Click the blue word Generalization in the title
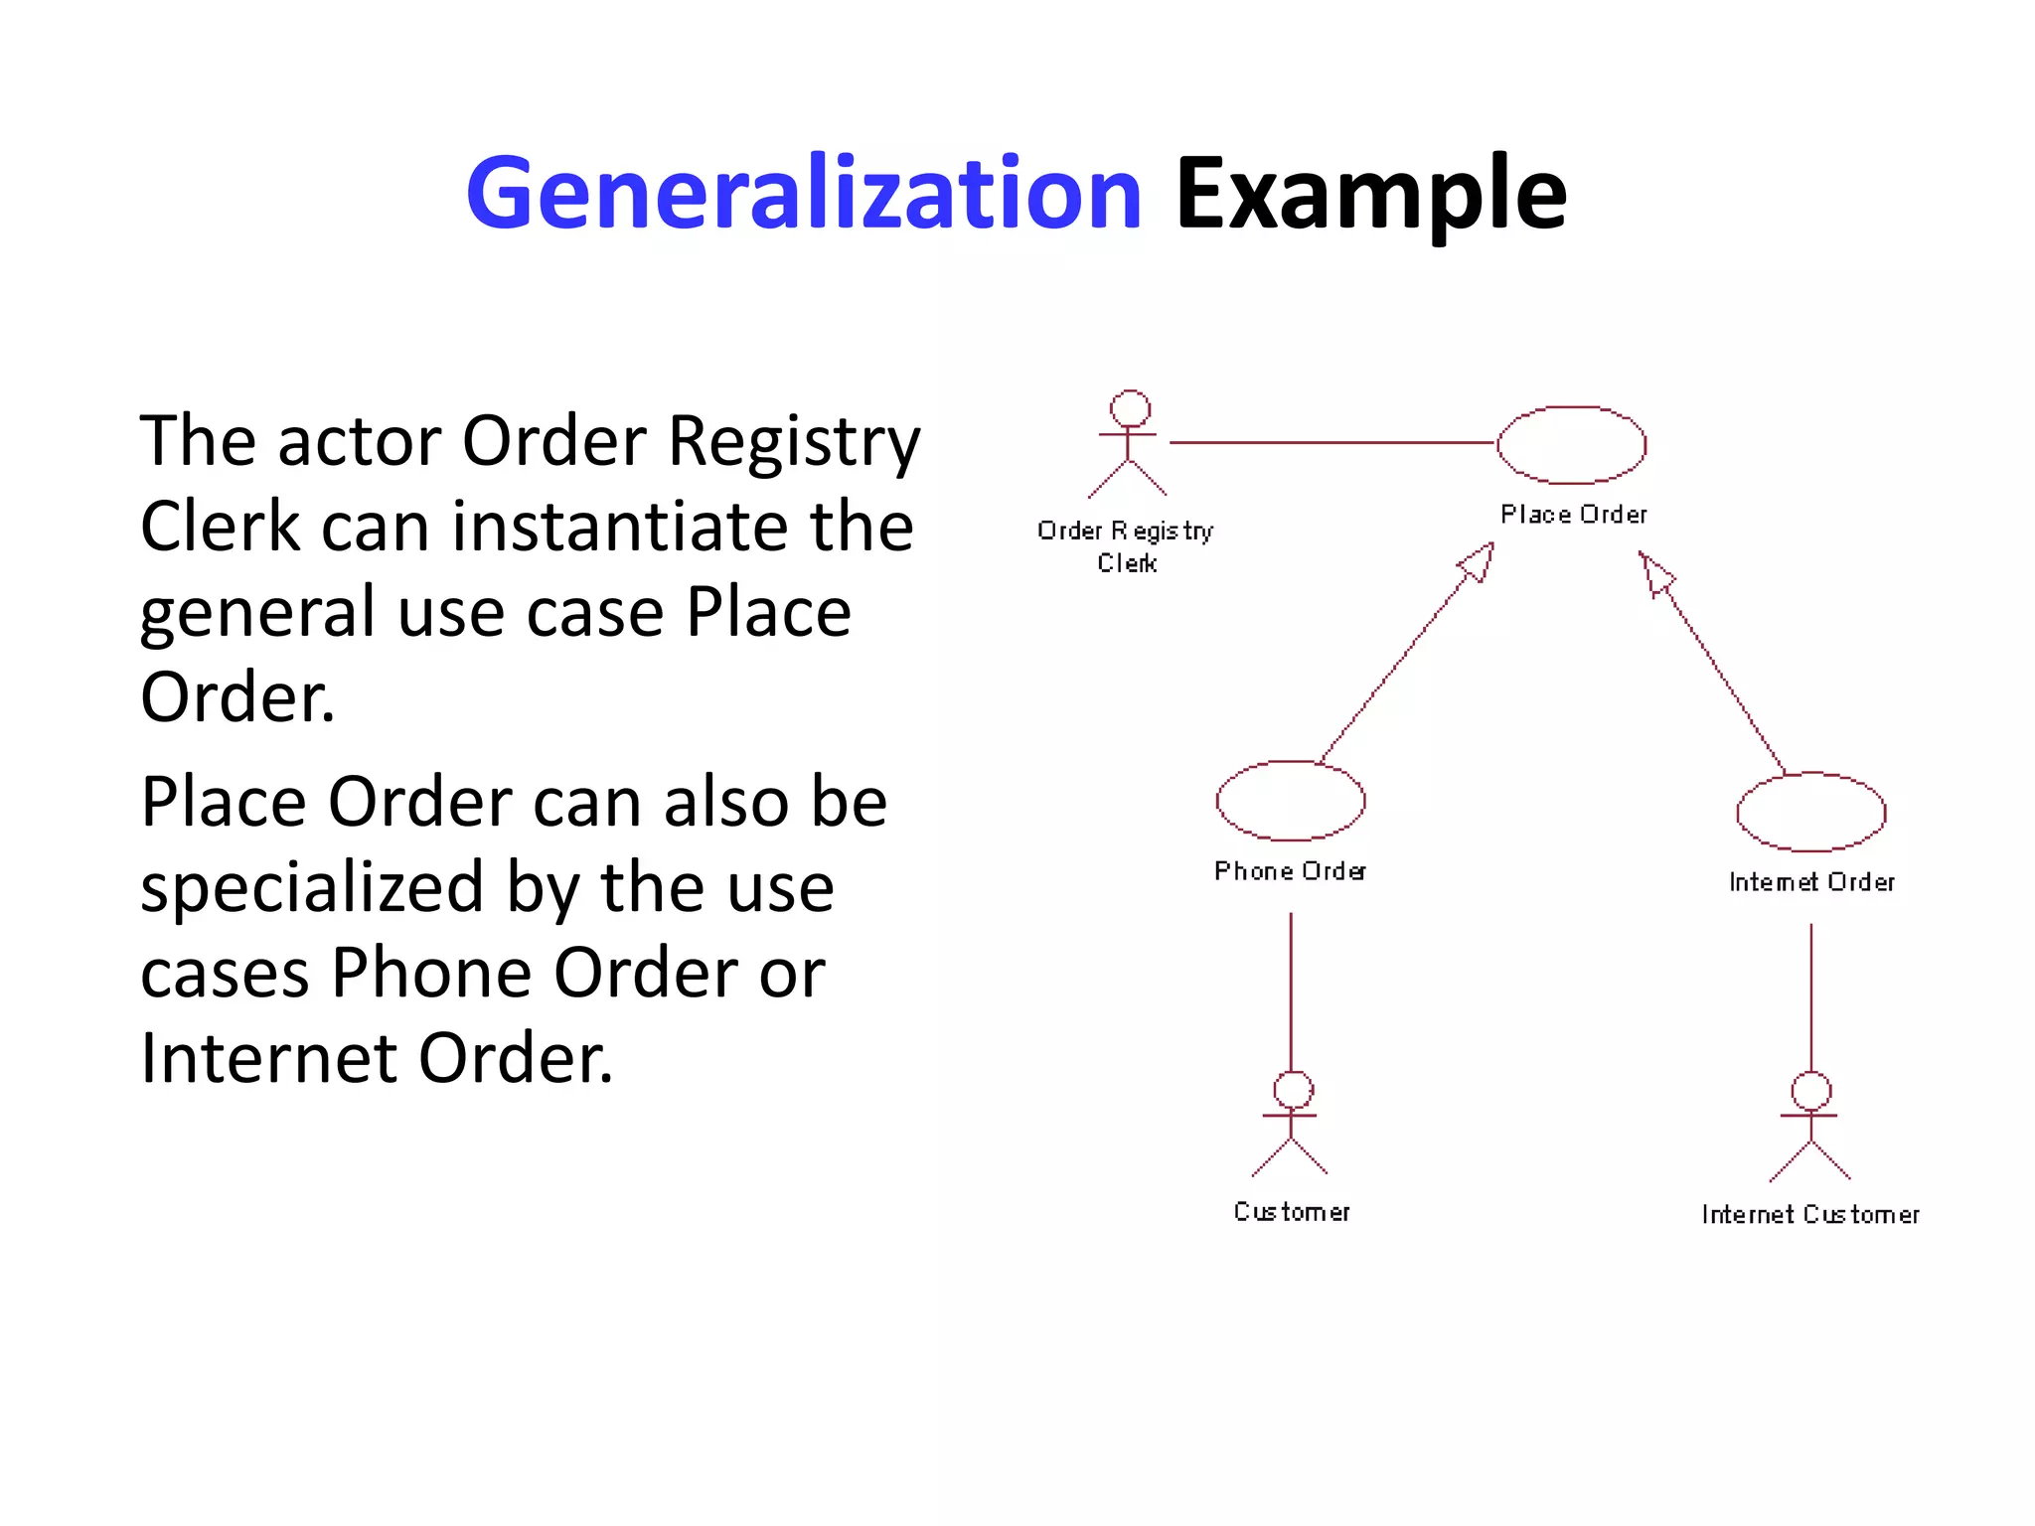pyautogui.click(x=803, y=194)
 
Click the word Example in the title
pyautogui.click(x=1370, y=194)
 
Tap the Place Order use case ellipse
pyautogui.click(x=1571, y=445)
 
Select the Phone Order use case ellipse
pyautogui.click(x=1290, y=801)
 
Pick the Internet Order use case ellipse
pyautogui.click(x=1810, y=812)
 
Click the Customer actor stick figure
pyautogui.click(x=1291, y=1124)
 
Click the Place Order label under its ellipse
pyautogui.click(x=1573, y=515)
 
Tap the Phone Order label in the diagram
pyautogui.click(x=1290, y=871)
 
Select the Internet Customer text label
pyautogui.click(x=1809, y=1214)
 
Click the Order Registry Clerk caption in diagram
pyautogui.click(x=1126, y=546)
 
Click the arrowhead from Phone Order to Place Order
pyautogui.click(x=1478, y=563)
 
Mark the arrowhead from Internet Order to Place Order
pyautogui.click(x=1655, y=574)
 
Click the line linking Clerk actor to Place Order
pyautogui.click(x=1331, y=443)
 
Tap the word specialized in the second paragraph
pyautogui.click(x=311, y=887)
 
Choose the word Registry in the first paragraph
pyautogui.click(x=794, y=441)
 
